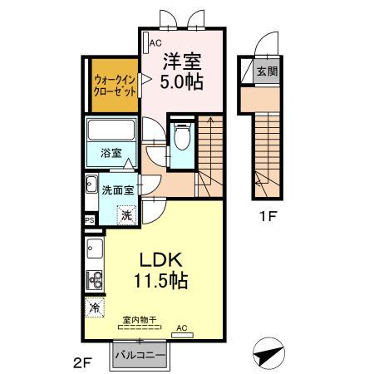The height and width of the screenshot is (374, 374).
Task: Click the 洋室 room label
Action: click(x=182, y=61)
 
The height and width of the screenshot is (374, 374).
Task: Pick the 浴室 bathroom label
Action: click(x=111, y=153)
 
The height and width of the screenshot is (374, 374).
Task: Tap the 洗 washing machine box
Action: click(x=126, y=213)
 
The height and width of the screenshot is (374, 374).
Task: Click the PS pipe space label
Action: click(x=89, y=220)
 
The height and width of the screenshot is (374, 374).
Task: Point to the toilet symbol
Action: click(x=182, y=136)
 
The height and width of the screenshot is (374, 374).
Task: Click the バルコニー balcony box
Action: click(x=140, y=355)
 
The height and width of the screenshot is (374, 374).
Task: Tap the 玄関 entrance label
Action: click(x=267, y=71)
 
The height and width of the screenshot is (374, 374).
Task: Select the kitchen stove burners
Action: click(x=94, y=279)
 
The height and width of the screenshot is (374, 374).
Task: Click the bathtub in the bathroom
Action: click(x=111, y=131)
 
